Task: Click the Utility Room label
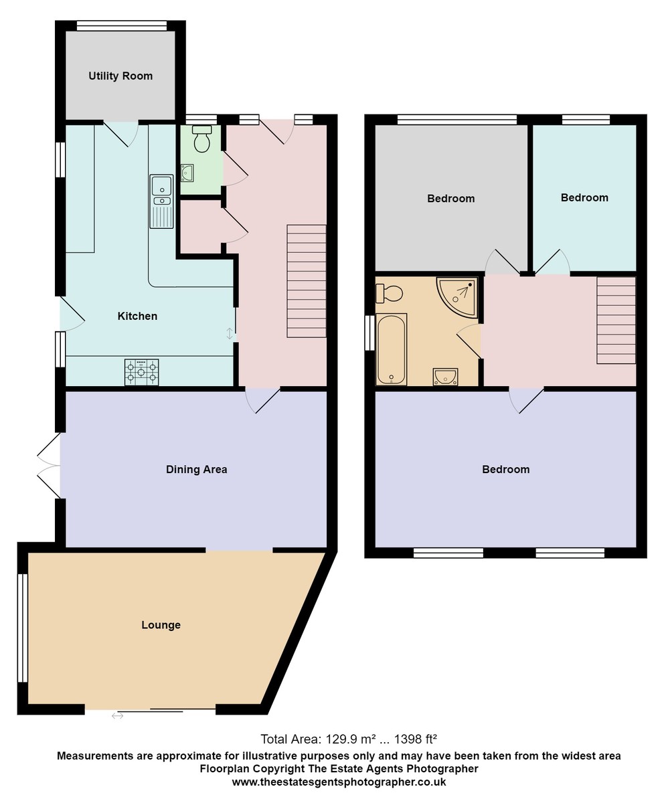click(x=120, y=76)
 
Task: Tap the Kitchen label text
click(x=137, y=316)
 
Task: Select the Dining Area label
click(x=196, y=470)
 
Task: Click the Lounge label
click(x=161, y=625)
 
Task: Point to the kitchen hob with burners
click(x=141, y=372)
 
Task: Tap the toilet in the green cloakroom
click(x=201, y=139)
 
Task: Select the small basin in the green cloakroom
click(x=187, y=173)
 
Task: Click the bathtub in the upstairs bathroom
click(x=391, y=349)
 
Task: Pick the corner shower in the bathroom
click(x=459, y=295)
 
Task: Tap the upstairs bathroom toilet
click(x=390, y=292)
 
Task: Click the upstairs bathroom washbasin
click(x=445, y=377)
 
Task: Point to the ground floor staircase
click(x=307, y=281)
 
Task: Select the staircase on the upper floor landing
click(x=616, y=320)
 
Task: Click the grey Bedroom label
click(x=450, y=199)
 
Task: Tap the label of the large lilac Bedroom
click(x=505, y=470)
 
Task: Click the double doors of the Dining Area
click(x=50, y=465)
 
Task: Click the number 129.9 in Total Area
click(x=339, y=739)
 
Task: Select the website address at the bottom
click(x=339, y=782)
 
